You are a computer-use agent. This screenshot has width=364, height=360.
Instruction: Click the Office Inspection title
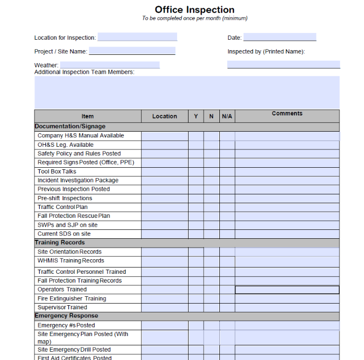pos(194,9)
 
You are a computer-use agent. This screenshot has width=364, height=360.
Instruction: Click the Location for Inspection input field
pos(137,37)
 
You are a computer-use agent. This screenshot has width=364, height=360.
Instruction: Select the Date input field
pos(279,37)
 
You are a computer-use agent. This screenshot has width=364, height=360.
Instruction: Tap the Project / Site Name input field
pos(132,51)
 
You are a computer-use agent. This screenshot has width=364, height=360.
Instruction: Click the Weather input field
pos(109,65)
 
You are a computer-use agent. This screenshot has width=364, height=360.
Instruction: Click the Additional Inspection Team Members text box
pos(187,92)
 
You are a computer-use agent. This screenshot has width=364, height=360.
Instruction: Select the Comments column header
pos(287,113)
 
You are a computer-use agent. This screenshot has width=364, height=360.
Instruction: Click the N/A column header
pos(227,117)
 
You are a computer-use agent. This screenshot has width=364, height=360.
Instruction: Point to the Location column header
pos(165,117)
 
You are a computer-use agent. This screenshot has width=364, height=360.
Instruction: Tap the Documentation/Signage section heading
pos(70,126)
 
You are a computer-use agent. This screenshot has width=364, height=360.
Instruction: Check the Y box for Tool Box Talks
pos(196,171)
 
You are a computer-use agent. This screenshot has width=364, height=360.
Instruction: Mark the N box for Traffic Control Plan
pos(212,207)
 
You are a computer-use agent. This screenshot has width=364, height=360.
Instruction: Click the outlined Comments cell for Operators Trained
pos(287,289)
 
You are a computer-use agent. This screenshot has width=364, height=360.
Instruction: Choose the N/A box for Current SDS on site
pos(227,234)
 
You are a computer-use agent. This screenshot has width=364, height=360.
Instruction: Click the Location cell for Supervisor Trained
pos(165,307)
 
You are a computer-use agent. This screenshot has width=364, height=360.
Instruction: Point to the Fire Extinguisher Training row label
pos(72,298)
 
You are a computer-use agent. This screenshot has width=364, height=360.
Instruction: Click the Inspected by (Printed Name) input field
pos(283,65)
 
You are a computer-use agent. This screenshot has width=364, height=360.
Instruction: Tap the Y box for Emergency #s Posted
pos(196,325)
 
